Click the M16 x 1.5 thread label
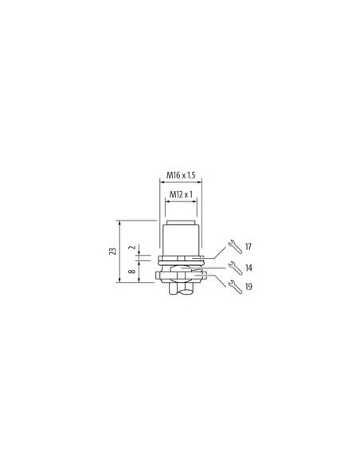tap(181, 175)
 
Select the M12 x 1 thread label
tap(181, 194)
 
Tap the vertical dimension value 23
tap(112, 251)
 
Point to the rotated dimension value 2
tap(133, 247)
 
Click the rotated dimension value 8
tap(133, 271)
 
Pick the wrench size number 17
tap(248, 247)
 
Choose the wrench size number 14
tap(248, 268)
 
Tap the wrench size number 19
tap(248, 287)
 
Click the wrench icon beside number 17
tap(235, 247)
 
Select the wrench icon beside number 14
tap(235, 268)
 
